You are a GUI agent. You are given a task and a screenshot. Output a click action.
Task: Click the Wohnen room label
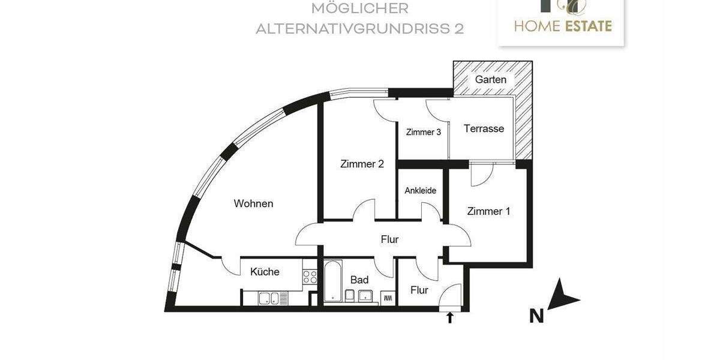tap(253, 204)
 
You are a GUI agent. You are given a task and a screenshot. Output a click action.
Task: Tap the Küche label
tap(265, 272)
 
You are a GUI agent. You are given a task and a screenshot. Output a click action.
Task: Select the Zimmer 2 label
tap(362, 164)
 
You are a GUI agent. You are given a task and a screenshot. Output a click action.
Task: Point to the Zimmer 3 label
tap(423, 132)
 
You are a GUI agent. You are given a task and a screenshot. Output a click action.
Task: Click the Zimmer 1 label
tap(488, 211)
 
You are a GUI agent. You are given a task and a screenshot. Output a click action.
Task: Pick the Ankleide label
tap(420, 191)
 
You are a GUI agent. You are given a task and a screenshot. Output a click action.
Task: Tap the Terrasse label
tap(484, 128)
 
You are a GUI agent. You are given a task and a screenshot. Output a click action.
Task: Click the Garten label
tap(491, 79)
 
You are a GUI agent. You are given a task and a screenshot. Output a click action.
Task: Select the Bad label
tap(359, 280)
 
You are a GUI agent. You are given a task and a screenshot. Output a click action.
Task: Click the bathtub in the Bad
tap(333, 281)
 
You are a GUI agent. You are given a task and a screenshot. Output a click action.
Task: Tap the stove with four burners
tap(310, 277)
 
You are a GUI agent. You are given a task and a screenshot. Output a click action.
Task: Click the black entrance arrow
tap(450, 317)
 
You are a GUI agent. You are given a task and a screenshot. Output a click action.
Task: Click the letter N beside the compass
tap(536, 316)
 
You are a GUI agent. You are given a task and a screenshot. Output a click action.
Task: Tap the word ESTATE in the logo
tap(588, 26)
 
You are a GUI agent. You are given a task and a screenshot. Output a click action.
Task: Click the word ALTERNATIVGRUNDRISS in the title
tap(349, 29)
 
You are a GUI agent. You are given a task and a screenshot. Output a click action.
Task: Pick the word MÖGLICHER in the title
tap(360, 8)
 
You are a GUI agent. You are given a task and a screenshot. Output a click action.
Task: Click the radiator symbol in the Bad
tap(387, 297)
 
